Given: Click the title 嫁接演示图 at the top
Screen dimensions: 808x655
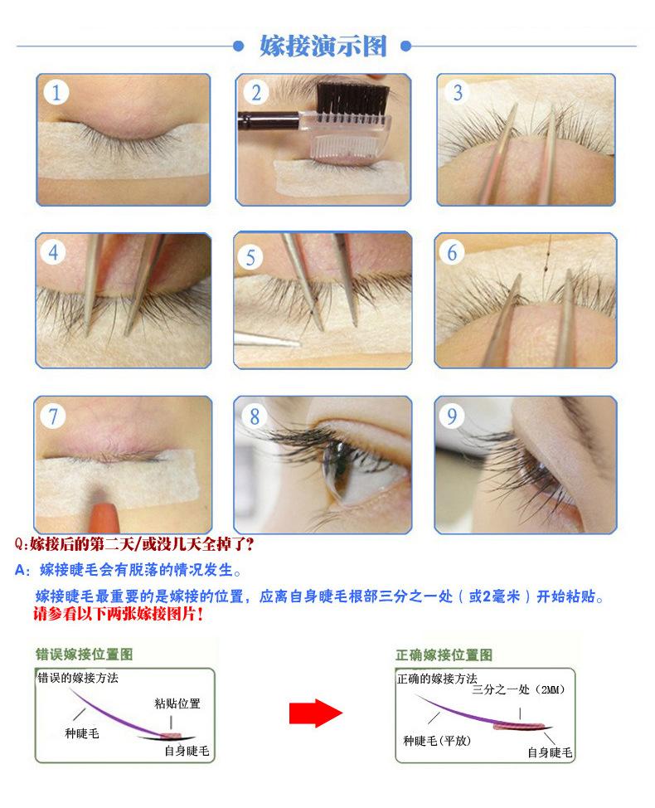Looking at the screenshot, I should tap(323, 46).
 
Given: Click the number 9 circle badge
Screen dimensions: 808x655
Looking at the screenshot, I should tap(452, 416).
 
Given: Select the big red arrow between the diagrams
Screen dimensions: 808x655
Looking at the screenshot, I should tap(315, 713).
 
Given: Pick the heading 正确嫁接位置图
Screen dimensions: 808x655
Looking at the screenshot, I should tap(444, 655).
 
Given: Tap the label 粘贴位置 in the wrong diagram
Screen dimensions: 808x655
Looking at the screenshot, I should tap(177, 703).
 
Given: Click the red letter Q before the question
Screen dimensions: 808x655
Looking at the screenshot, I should tap(21, 544).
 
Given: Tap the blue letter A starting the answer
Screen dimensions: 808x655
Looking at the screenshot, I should tap(21, 571).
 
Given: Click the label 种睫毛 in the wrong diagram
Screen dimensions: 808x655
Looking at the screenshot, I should tap(82, 734).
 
